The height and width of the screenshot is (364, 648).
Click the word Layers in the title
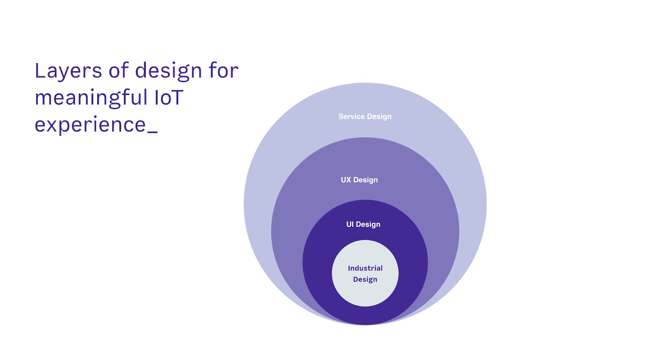68,71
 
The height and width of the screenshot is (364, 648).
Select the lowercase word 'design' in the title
168,71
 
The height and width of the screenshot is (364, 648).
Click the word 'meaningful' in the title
91,98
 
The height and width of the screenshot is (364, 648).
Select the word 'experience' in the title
90,125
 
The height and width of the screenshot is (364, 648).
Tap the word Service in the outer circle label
352,116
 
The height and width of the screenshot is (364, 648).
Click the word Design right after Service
379,117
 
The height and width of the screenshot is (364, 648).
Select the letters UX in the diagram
346,180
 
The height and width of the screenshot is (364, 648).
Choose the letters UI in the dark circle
350,224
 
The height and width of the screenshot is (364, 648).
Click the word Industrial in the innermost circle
365,268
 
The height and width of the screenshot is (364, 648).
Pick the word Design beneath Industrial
365,279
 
